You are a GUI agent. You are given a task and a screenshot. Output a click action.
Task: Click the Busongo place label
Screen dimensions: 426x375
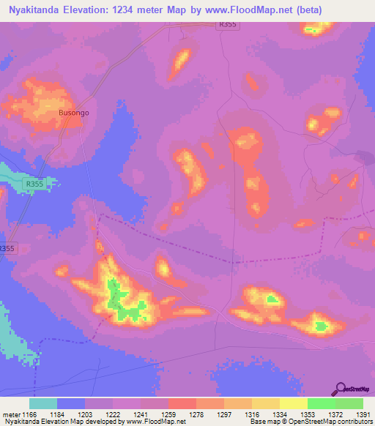(x=73, y=113)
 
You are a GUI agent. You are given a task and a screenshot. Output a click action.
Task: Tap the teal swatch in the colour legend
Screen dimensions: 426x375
(x=42, y=403)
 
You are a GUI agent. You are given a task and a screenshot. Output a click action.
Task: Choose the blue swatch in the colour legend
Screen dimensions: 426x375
(x=71, y=403)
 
